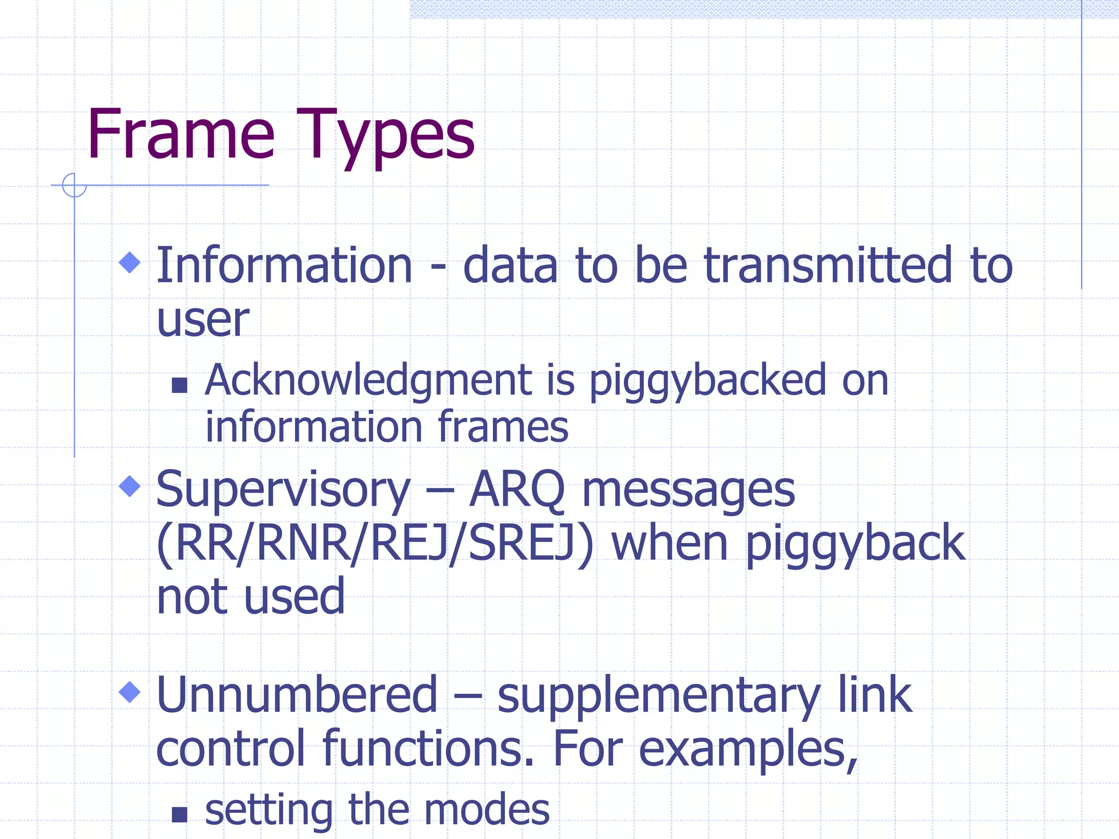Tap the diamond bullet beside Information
130,262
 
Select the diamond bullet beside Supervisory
130,486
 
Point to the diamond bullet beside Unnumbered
130,692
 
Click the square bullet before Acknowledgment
179,386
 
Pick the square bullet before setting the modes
179,814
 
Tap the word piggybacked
708,381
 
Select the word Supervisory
283,490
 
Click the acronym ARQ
517,490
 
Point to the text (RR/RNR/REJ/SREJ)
374,543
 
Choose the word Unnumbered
297,695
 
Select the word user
203,320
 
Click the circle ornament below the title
74,185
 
